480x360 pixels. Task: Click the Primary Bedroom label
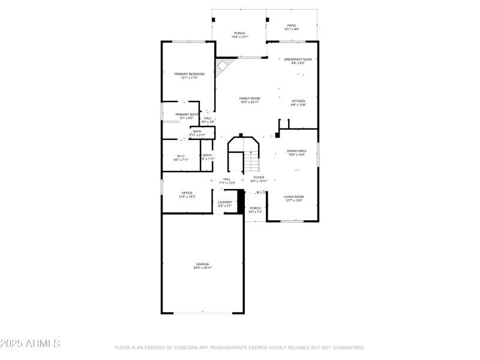[189, 74]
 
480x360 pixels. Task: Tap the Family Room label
[250, 98]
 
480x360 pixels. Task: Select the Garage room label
[202, 264]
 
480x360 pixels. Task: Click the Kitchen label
[298, 101]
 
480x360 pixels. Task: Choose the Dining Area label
[296, 151]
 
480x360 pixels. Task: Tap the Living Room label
[294, 197]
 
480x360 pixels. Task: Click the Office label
[187, 193]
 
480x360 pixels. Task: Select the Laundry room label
[225, 202]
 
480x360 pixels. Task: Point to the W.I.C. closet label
[181, 156]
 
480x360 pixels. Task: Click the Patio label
[291, 25]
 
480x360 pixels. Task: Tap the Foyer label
[258, 178]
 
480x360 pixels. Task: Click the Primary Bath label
[187, 114]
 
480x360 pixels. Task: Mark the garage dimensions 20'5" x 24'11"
[202, 268]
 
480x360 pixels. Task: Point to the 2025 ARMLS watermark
[30, 344]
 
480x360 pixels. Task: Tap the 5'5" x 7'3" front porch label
[256, 212]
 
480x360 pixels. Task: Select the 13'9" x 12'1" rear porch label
[239, 37]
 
